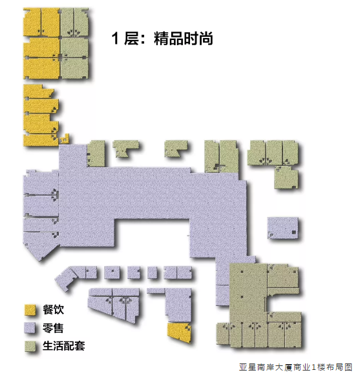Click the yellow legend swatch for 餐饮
click(x=30, y=310)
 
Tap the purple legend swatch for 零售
click(x=30, y=328)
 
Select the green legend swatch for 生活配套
click(x=30, y=346)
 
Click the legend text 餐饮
click(x=53, y=309)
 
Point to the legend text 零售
click(x=53, y=328)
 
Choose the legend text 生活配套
click(x=64, y=346)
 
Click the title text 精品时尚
click(x=184, y=38)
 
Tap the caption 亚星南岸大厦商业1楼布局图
click(x=296, y=367)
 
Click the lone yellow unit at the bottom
click(x=179, y=332)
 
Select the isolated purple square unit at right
click(x=283, y=228)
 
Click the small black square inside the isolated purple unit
click(x=294, y=232)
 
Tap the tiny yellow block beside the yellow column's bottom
click(x=65, y=139)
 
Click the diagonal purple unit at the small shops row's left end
click(x=65, y=278)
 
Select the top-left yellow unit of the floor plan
click(x=32, y=22)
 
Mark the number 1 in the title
click(x=115, y=39)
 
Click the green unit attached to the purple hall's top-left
click(x=96, y=154)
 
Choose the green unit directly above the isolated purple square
click(x=286, y=178)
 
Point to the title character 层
click(x=132, y=39)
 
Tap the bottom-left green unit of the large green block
click(x=222, y=334)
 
